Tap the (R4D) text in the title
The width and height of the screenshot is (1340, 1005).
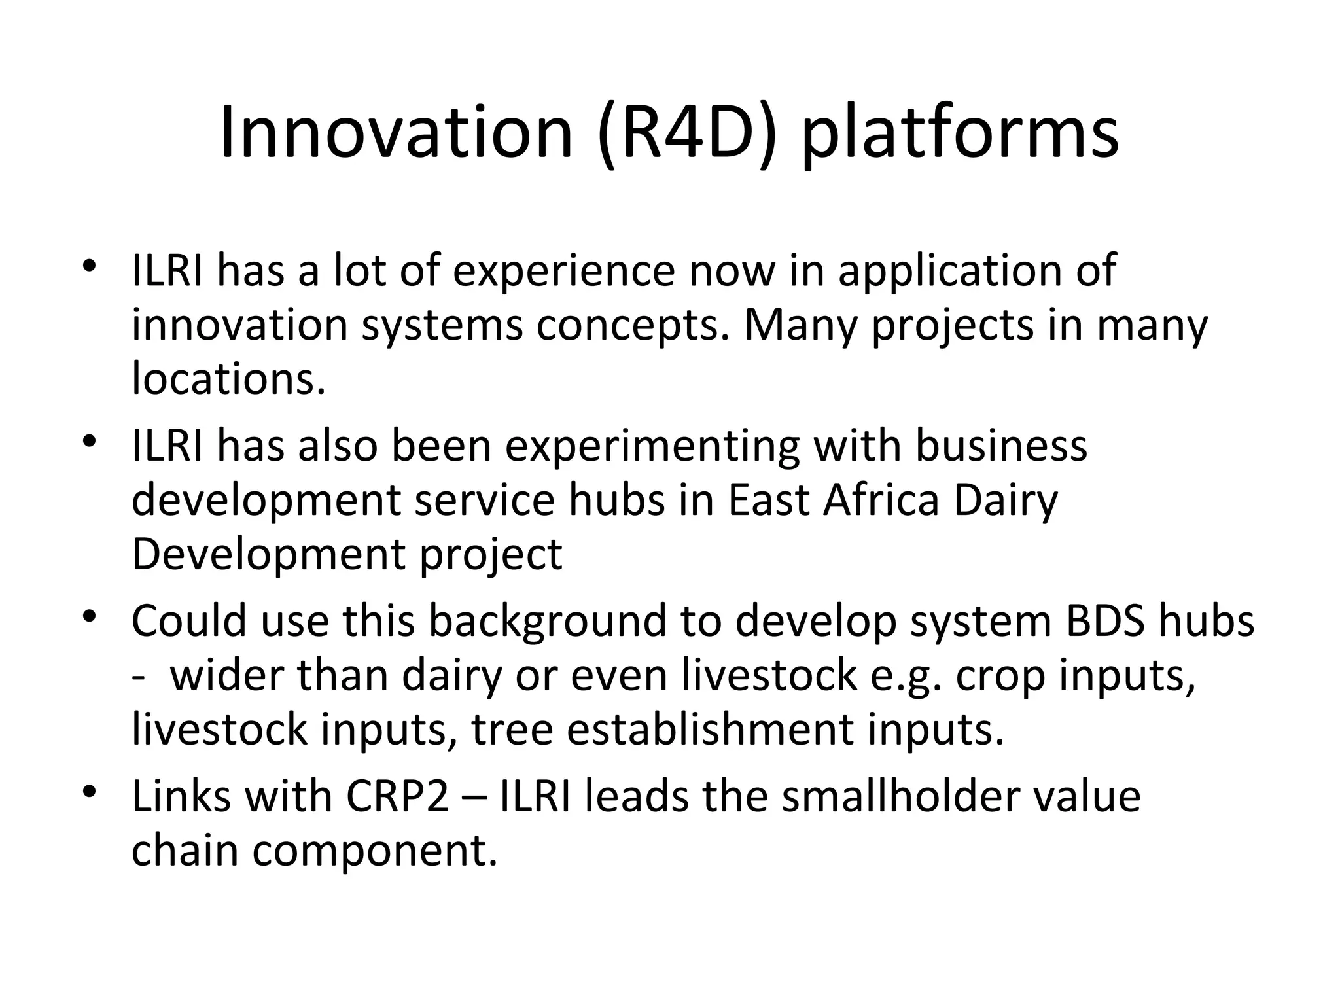coord(688,134)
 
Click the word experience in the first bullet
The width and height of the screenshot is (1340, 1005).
coord(563,270)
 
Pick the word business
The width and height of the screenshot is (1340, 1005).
coord(1000,445)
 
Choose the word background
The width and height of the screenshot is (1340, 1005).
coord(546,622)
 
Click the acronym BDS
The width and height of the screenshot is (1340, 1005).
coord(1104,621)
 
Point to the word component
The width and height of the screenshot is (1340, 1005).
coord(375,851)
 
